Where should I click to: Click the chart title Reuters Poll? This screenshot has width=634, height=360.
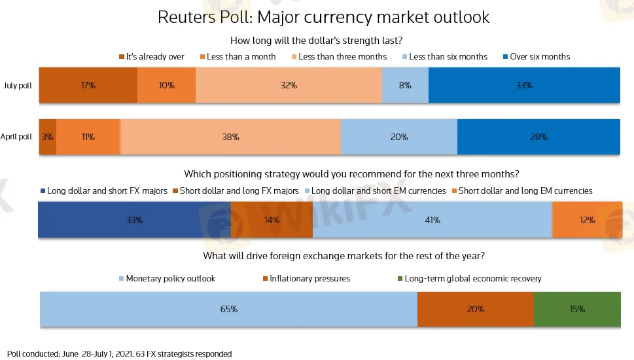coord(323,17)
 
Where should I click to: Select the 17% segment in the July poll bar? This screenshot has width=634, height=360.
coord(88,85)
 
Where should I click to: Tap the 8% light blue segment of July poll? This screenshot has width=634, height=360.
coord(405,85)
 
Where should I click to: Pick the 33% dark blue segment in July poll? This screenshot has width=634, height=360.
coord(524,85)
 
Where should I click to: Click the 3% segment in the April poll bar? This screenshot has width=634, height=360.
coord(48,137)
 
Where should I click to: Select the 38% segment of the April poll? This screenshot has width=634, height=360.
coord(230,137)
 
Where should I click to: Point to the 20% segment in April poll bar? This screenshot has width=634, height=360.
coord(399,137)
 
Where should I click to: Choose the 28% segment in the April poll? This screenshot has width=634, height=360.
coord(538,137)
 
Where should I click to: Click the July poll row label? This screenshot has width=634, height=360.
coord(18,86)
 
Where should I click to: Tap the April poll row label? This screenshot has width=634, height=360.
coord(16,137)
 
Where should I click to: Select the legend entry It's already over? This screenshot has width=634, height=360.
coord(152,57)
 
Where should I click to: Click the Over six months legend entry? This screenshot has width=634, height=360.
coord(535,57)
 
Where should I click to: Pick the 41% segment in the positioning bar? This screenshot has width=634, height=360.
coord(432,220)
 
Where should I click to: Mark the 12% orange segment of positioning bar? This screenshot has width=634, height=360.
coord(587,220)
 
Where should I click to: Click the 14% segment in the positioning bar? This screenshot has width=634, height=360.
coord(272,220)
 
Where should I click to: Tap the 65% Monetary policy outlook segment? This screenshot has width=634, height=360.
coord(228,309)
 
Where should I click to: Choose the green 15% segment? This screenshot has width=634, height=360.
coord(577,309)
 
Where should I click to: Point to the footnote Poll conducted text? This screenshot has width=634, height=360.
coord(120,354)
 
